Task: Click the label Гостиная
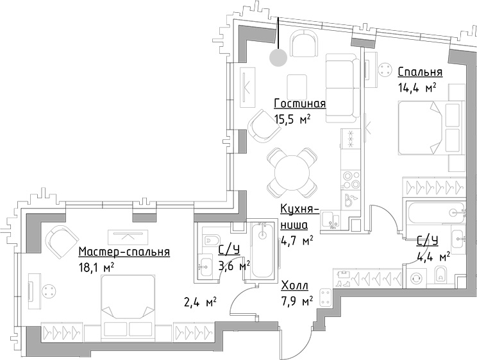point(299,104)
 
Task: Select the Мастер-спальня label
point(124,252)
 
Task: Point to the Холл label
point(295,286)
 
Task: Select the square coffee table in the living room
point(297,86)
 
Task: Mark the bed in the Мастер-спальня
point(128,296)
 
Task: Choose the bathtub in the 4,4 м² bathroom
point(433,211)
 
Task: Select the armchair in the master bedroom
point(60,241)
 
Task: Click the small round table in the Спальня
point(385,70)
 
